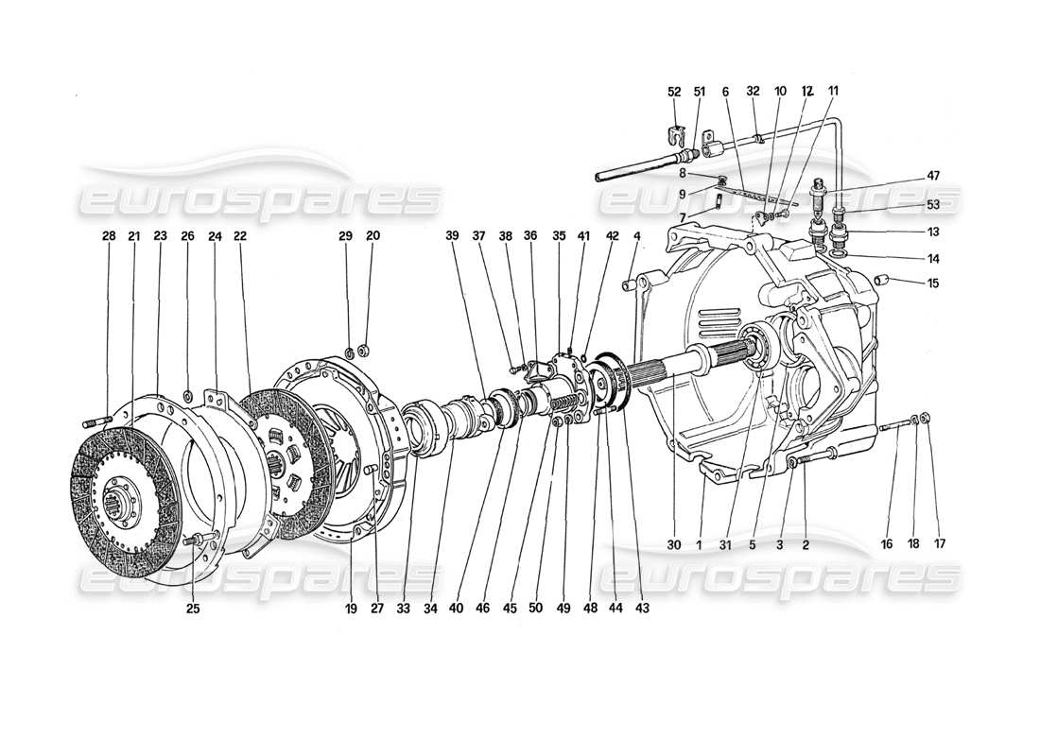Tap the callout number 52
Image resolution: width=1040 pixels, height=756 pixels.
tap(674, 92)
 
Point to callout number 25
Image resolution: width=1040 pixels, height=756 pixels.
tap(193, 609)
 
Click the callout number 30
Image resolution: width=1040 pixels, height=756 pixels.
tap(674, 545)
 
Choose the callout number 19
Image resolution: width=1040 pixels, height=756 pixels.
tap(352, 609)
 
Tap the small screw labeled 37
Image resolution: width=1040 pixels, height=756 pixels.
tap(516, 369)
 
